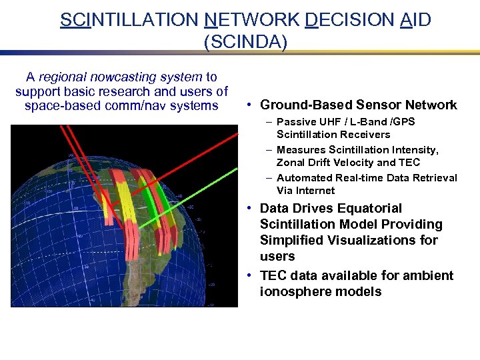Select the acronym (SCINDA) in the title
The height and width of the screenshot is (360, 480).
tap(245, 42)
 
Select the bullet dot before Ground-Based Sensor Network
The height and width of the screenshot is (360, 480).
tap(248, 105)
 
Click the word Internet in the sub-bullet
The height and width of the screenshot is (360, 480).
tap(313, 191)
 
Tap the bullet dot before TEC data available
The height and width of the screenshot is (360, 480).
tap(248, 276)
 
